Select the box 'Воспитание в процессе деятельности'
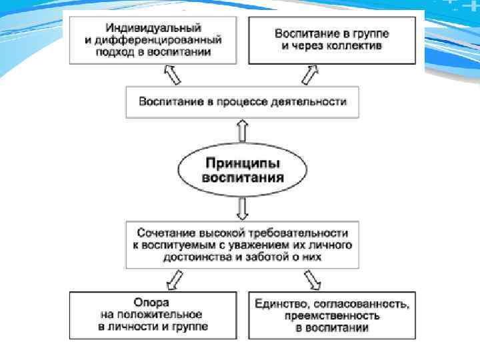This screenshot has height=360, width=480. pyautogui.click(x=243, y=103)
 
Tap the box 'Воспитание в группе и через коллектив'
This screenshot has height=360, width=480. pyautogui.click(x=332, y=39)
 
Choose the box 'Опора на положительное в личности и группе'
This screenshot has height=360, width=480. pyautogui.click(x=153, y=315)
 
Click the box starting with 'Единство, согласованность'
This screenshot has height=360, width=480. pyautogui.click(x=332, y=315)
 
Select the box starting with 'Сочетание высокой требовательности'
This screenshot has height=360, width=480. pyautogui.click(x=243, y=245)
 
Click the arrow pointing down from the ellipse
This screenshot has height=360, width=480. pyautogui.click(x=243, y=209)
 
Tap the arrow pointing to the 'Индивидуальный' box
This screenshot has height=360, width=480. pyautogui.click(x=171, y=75)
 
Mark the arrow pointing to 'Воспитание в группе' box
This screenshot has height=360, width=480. pyautogui.click(x=309, y=75)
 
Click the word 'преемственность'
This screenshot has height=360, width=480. pyautogui.click(x=332, y=315)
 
